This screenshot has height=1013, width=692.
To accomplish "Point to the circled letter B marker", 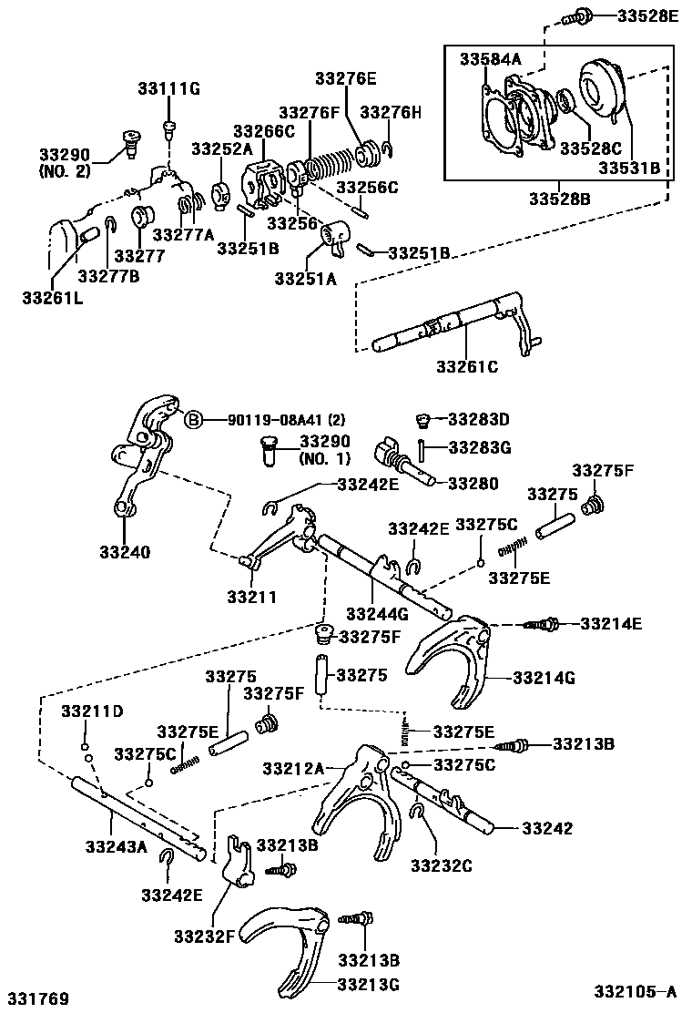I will pyautogui.click(x=193, y=420).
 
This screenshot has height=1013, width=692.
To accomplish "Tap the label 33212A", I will pyautogui.click(x=292, y=769).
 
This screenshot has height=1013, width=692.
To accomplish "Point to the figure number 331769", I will pyautogui.click(x=39, y=999).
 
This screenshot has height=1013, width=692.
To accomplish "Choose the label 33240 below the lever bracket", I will pyautogui.click(x=125, y=551).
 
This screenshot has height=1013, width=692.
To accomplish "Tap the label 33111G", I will pyautogui.click(x=168, y=88).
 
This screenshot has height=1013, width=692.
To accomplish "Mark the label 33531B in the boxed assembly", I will pyautogui.click(x=629, y=168).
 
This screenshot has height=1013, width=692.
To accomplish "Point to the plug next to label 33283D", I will pyautogui.click(x=422, y=420).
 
